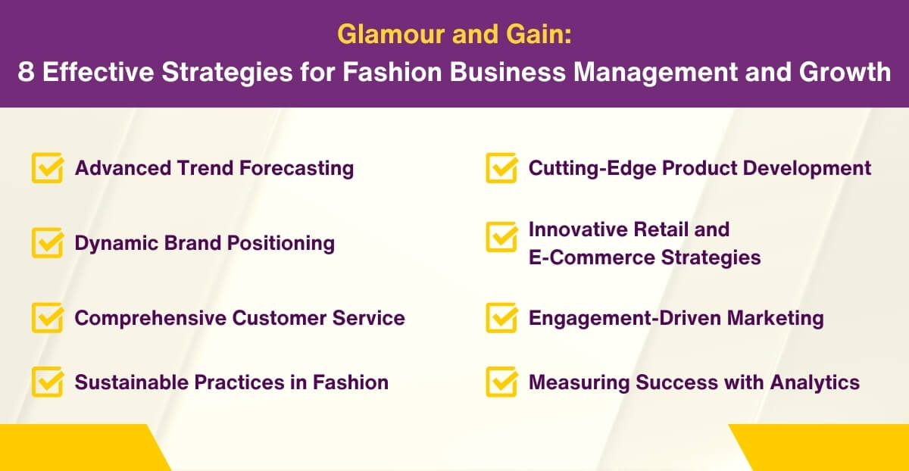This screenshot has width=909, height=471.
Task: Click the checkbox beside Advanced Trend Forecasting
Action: (x=46, y=168)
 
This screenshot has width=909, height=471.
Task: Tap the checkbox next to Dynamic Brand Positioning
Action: (x=46, y=244)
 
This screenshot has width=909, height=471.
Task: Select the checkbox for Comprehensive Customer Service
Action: (x=46, y=318)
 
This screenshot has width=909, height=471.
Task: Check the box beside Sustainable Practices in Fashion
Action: (x=46, y=382)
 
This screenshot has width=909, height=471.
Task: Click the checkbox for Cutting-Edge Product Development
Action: (x=501, y=168)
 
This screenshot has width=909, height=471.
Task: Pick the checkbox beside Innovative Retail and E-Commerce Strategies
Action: (x=501, y=236)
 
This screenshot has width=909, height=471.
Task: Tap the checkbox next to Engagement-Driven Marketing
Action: (x=501, y=318)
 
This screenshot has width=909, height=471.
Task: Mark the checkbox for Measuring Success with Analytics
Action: (x=501, y=382)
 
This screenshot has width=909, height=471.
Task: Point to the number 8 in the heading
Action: (x=26, y=71)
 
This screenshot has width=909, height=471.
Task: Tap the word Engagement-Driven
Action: (x=624, y=318)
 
